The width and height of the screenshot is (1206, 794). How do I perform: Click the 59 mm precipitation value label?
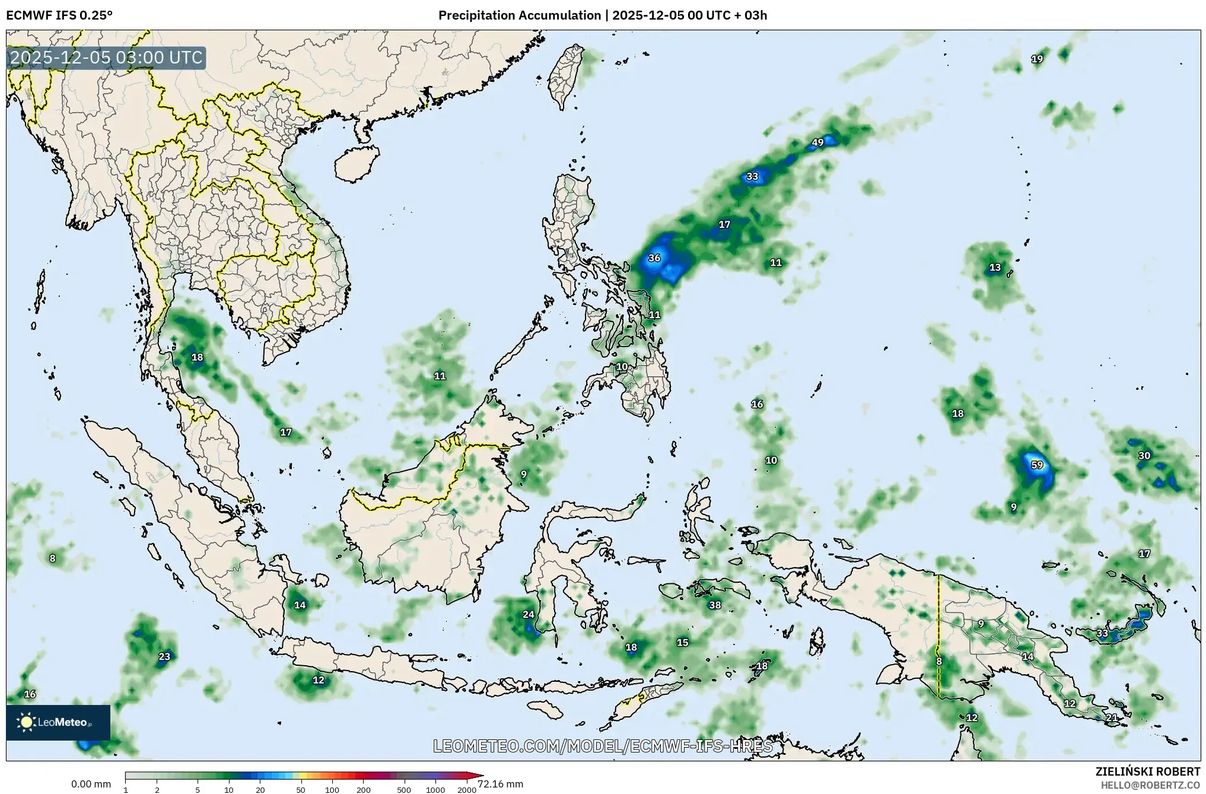[1037, 465]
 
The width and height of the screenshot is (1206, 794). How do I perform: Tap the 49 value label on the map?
[817, 142]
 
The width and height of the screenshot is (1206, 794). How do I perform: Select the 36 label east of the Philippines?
[654, 258]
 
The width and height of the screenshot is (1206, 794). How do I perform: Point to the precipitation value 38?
[715, 605]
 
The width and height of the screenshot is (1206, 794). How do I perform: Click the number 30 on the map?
[1144, 456]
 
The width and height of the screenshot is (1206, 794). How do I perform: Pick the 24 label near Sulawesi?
[528, 615]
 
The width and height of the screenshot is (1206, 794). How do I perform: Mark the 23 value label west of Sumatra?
[164, 656]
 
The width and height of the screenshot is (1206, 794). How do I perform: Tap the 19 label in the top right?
[1037, 59]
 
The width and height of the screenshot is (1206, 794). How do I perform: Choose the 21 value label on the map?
[1112, 717]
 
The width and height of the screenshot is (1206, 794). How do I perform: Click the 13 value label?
[995, 268]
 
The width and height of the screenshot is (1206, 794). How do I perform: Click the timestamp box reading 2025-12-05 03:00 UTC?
[107, 58]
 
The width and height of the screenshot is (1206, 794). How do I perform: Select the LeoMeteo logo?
[58, 722]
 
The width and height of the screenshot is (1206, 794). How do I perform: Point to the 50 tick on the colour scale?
[301, 789]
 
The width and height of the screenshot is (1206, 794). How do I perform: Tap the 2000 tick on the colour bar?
[467, 789]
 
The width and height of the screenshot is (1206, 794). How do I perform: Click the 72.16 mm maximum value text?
[500, 784]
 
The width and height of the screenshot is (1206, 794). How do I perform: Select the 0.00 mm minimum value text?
[91, 784]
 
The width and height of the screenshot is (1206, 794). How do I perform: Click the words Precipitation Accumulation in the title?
[519, 15]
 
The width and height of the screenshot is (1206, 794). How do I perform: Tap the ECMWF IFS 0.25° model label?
[59, 15]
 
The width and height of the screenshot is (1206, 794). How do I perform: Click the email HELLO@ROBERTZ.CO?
[1150, 785]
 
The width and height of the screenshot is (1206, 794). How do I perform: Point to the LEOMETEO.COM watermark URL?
[603, 746]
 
